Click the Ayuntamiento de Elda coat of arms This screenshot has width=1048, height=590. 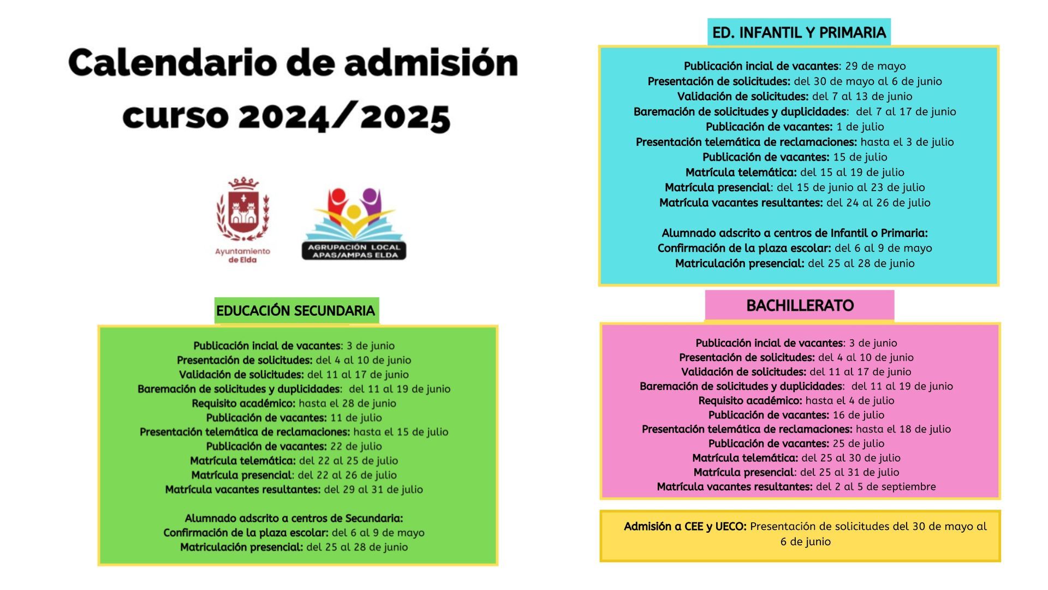[242, 210]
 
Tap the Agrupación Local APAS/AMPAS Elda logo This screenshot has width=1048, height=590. [354, 224]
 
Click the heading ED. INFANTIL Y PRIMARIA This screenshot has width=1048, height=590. [799, 33]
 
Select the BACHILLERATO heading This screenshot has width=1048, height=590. [800, 305]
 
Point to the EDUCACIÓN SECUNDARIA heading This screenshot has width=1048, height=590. [295, 311]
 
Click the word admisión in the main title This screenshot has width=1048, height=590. [431, 63]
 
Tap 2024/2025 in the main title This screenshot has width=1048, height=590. [344, 116]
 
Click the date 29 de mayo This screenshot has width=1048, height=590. [876, 66]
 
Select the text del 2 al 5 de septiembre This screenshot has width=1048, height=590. [876, 487]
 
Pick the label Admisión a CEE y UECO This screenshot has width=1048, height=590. [685, 527]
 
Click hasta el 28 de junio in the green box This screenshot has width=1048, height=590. [347, 404]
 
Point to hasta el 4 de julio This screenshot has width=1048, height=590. [850, 400]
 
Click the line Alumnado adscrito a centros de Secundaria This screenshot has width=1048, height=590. [294, 518]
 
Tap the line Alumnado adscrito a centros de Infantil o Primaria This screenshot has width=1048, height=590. [795, 233]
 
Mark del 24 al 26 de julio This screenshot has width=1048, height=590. [878, 203]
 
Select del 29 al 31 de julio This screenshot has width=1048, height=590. [373, 489]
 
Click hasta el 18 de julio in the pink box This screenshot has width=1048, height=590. [903, 429]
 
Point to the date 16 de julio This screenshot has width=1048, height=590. [859, 415]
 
